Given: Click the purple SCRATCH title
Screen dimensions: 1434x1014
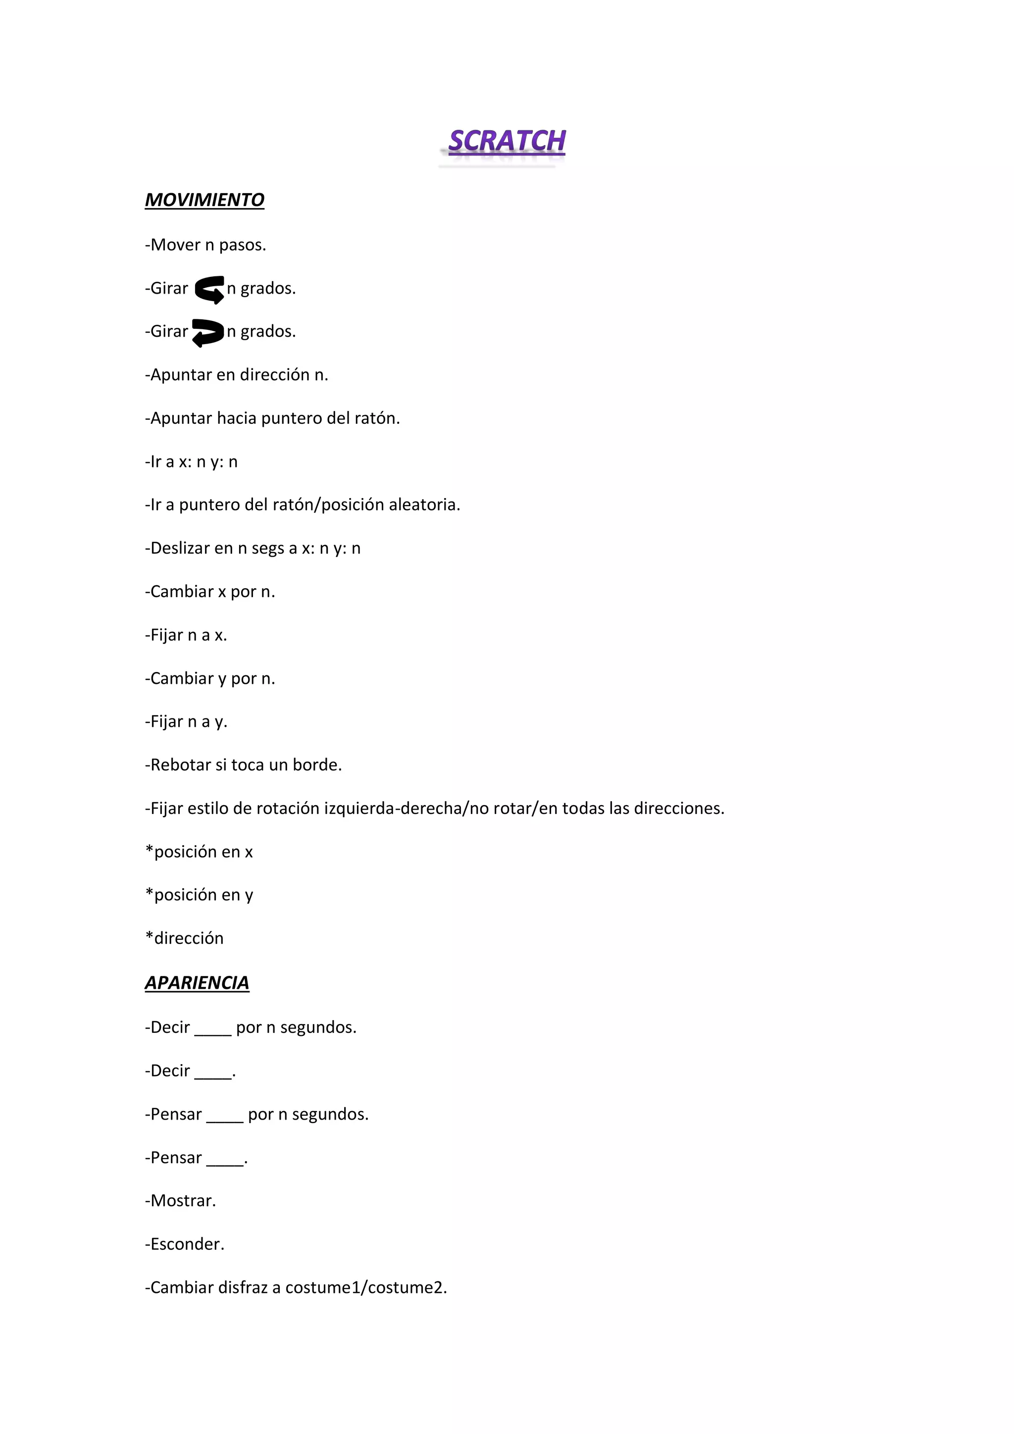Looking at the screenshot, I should [507, 141].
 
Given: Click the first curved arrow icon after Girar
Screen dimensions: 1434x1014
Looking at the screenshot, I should [209, 289].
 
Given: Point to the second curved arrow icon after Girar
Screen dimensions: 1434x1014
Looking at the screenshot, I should [207, 332].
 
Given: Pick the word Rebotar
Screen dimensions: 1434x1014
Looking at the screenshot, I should [180, 765].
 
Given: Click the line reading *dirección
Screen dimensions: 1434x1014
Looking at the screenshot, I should [184, 938].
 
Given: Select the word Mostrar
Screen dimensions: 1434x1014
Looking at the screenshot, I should [183, 1200].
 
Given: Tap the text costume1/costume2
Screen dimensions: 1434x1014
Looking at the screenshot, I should [366, 1287].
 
